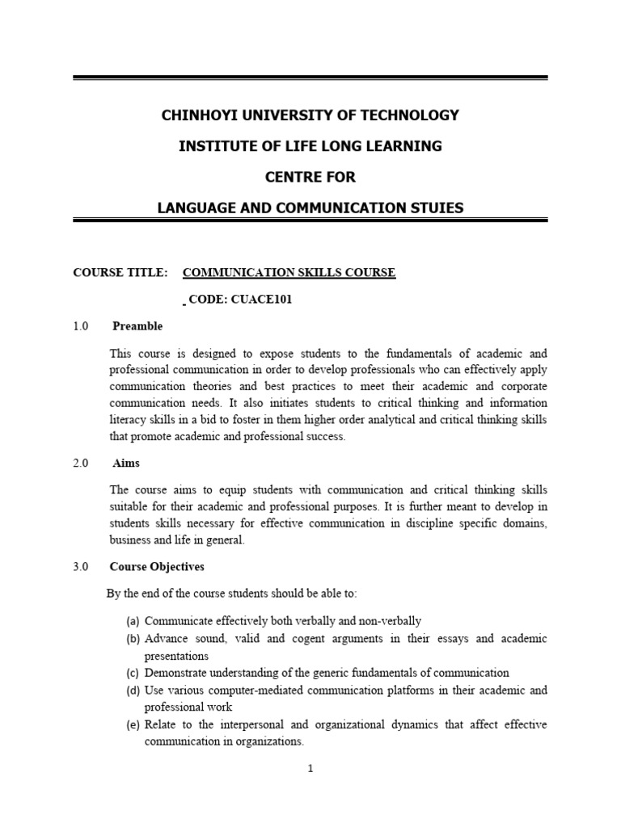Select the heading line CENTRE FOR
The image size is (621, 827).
(x=310, y=177)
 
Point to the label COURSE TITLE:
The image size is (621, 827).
(x=120, y=272)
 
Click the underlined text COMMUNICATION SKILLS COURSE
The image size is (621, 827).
(x=289, y=272)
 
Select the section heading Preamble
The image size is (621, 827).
(x=137, y=326)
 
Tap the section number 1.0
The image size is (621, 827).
(x=80, y=326)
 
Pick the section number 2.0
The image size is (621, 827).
(x=80, y=464)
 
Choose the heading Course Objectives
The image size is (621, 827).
(x=158, y=567)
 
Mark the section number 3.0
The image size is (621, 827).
(x=80, y=567)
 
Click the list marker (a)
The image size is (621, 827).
(x=133, y=621)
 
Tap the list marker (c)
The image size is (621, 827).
(x=133, y=673)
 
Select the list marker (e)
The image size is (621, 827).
(x=133, y=724)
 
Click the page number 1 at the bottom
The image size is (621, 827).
(x=310, y=769)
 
